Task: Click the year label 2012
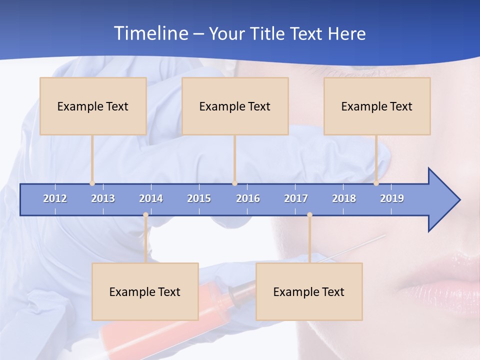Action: pos(55,198)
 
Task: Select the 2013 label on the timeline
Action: pos(103,198)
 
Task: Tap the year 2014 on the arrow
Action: pos(151,198)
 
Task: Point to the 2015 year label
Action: pos(199,198)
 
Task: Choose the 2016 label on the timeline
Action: pos(248,198)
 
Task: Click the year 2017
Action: pos(296,198)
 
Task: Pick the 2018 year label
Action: pos(344,198)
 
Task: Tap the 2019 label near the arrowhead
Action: pos(392,198)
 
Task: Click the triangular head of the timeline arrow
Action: pos(442,200)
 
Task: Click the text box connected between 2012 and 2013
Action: pos(93,106)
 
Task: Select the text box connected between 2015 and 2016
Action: pos(235,106)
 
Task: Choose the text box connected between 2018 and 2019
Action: pos(377,106)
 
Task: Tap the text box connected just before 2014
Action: pos(145,291)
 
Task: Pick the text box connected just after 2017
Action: pos(309,291)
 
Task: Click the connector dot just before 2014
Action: pos(145,215)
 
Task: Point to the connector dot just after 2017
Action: pos(309,215)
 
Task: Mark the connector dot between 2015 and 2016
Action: pos(234,183)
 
